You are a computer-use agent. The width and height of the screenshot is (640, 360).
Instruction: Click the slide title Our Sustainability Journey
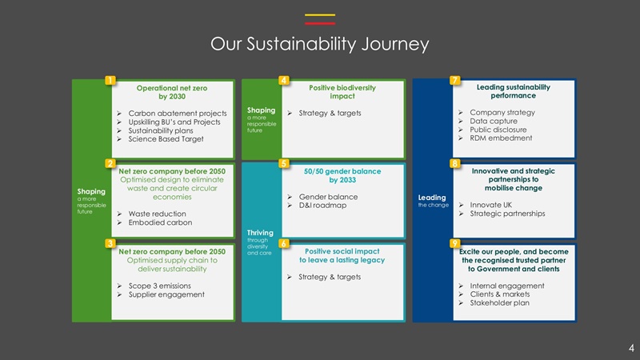[x=319, y=44]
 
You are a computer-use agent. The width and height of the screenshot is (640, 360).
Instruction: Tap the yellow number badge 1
[x=110, y=80]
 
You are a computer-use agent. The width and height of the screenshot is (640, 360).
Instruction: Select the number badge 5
[x=284, y=164]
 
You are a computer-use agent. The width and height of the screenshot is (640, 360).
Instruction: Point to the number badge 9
[x=454, y=243]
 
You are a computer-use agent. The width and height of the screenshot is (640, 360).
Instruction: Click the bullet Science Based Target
[x=166, y=139]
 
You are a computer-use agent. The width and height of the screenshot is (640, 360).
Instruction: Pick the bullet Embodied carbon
[x=158, y=224]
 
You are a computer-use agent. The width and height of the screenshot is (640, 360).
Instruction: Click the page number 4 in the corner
[x=630, y=347]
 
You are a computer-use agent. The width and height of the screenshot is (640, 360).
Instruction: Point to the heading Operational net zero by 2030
[x=172, y=91]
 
